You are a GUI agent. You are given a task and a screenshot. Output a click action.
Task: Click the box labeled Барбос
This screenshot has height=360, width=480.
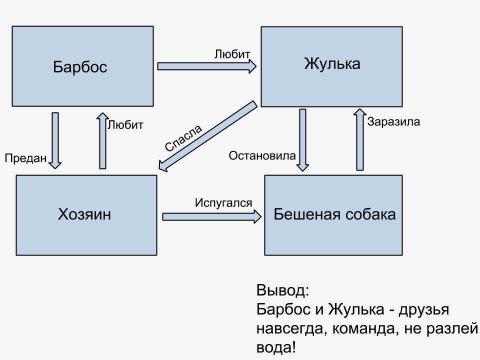82,66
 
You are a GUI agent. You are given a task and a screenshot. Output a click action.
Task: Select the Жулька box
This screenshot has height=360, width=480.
331,66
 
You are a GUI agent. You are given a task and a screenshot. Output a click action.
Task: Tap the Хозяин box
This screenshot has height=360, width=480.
86,215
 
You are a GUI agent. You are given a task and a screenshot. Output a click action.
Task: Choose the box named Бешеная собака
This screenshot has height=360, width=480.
333,215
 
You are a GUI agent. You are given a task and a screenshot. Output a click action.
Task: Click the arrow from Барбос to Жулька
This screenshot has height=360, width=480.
206,66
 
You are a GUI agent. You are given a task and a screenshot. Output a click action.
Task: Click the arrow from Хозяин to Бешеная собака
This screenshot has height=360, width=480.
211,216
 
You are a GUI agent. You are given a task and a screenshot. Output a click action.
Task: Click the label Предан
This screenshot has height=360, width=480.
25,158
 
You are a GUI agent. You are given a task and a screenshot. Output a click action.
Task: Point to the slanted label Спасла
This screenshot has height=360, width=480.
183,138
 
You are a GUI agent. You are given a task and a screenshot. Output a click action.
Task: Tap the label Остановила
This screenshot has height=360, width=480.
262,155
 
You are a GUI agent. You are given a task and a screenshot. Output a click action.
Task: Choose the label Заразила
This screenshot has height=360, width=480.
393,121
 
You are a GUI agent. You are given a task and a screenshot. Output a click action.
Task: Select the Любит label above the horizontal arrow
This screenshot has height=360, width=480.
232,54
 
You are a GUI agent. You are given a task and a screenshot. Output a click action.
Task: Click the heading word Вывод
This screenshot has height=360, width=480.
282,290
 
